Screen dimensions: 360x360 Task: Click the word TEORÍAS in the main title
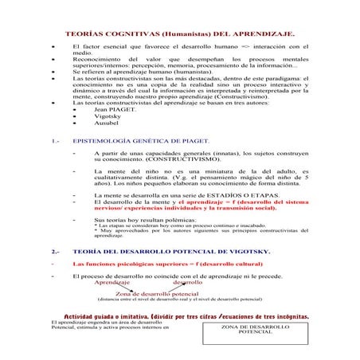(x=84, y=36)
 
